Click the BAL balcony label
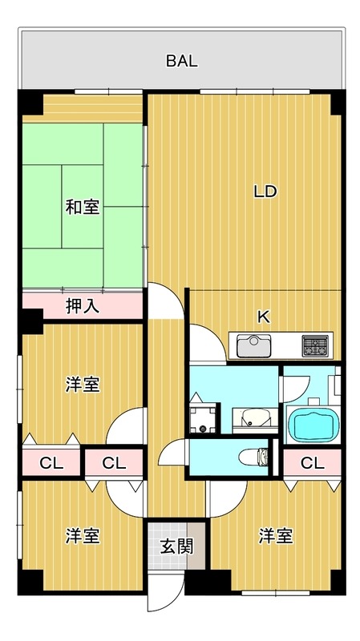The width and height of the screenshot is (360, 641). coord(182,60)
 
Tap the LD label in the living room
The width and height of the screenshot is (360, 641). coord(265,192)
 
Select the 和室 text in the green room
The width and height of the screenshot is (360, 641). coord(83,207)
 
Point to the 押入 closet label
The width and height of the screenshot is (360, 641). coord(83,305)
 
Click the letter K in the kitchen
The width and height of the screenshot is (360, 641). coord(262,316)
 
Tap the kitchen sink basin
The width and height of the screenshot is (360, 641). coord(253,346)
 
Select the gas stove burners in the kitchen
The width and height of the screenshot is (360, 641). coord(315,346)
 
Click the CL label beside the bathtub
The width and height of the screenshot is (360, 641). coord(313,462)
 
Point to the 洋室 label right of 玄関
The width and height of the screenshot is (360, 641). coord(275,535)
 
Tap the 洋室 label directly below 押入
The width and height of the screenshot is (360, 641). coord(83,385)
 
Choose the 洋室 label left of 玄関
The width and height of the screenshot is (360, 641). coord(83,535)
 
